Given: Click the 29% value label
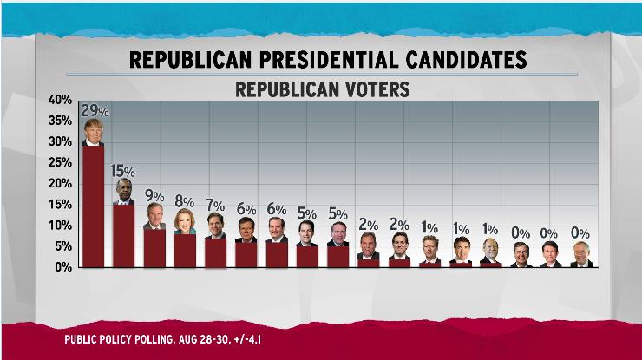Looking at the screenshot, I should pyautogui.click(x=95, y=110).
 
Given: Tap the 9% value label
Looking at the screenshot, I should pyautogui.click(x=154, y=196).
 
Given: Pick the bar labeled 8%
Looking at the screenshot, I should pyautogui.click(x=185, y=250).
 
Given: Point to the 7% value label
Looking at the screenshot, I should pyautogui.click(x=215, y=205).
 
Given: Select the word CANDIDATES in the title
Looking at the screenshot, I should pyautogui.click(x=461, y=59).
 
